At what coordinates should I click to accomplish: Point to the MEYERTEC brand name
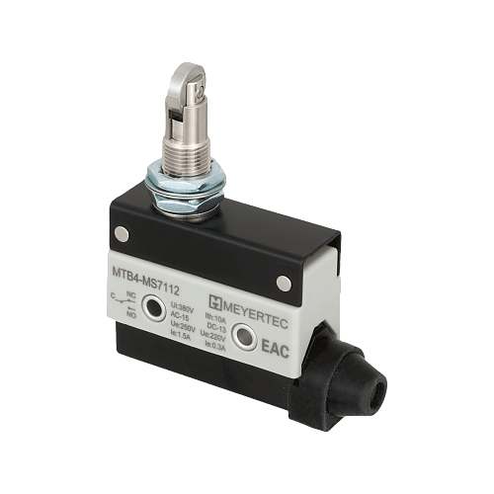tap(254, 300)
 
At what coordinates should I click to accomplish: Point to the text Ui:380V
tap(184, 307)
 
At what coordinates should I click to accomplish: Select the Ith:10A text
tap(211, 318)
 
